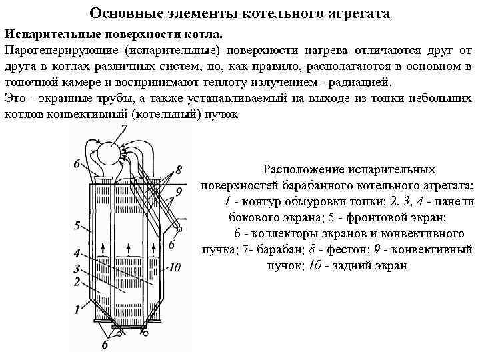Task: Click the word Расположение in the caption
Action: pos(303,170)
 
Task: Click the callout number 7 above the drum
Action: pos(125,131)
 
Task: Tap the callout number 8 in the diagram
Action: pos(178,169)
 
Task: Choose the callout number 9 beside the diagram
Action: pos(178,191)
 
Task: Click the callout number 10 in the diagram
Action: pos(175,267)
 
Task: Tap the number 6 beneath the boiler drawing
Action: pos(104,345)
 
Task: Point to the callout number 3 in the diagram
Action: pos(77,268)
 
